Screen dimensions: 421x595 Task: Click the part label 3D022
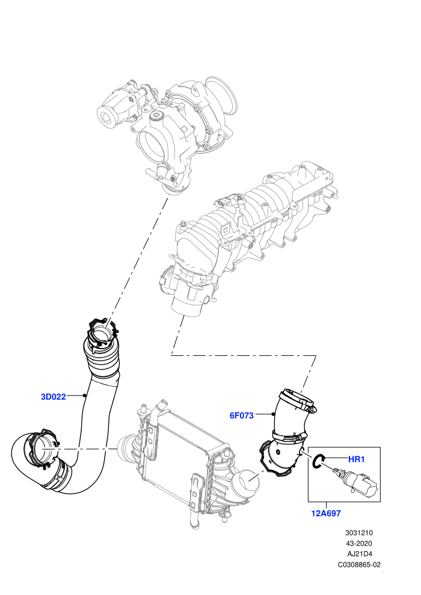click(x=53, y=397)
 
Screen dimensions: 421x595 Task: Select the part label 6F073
click(x=241, y=415)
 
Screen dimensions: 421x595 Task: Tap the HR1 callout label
click(x=357, y=459)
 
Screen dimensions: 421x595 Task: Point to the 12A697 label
click(x=326, y=513)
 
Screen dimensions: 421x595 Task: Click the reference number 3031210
click(x=358, y=532)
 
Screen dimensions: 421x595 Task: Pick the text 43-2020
click(x=358, y=543)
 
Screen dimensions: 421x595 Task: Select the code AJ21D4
click(x=360, y=554)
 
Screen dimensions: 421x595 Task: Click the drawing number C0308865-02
click(x=359, y=564)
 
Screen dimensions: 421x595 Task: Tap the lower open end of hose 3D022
click(x=41, y=450)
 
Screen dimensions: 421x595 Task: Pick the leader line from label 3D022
click(x=76, y=396)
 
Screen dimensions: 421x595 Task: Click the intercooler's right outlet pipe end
click(x=247, y=482)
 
